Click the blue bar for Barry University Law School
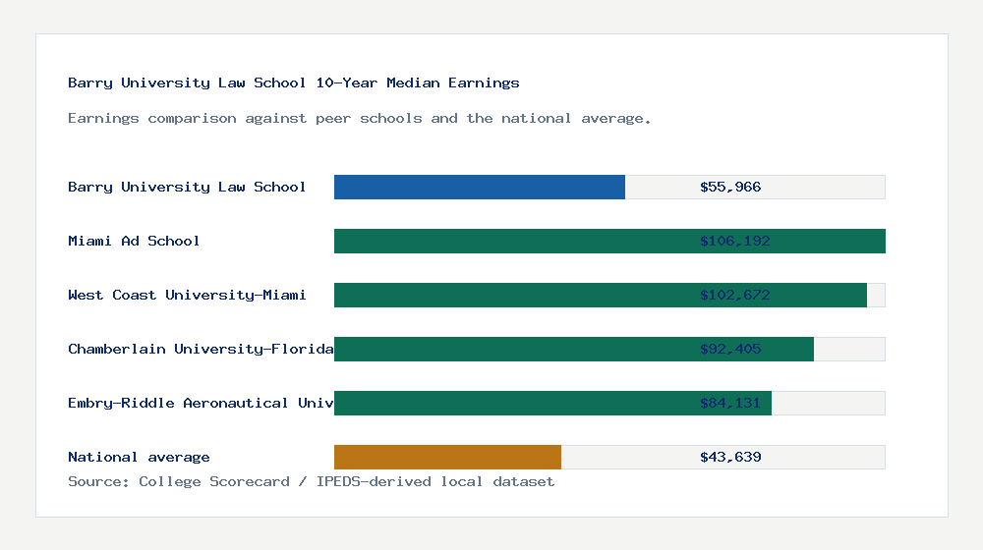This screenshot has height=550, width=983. [x=480, y=187]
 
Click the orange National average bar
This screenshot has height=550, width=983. [x=447, y=457]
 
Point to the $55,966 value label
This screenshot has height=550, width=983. [x=730, y=187]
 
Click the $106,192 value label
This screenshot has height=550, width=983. [x=730, y=241]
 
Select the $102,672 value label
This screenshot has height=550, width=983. [x=730, y=295]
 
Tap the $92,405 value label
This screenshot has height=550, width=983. [x=730, y=349]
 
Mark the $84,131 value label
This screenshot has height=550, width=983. [x=730, y=403]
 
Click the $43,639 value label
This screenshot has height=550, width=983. [x=730, y=457]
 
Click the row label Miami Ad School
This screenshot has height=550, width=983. [x=134, y=241]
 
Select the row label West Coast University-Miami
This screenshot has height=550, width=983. [x=187, y=295]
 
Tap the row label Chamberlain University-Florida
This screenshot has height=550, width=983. [x=201, y=349]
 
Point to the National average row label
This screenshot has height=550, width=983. [x=139, y=457]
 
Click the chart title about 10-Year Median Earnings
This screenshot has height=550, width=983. [x=294, y=82]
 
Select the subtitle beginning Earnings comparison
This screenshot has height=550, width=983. [x=360, y=118]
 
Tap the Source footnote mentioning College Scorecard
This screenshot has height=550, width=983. [x=311, y=481]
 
